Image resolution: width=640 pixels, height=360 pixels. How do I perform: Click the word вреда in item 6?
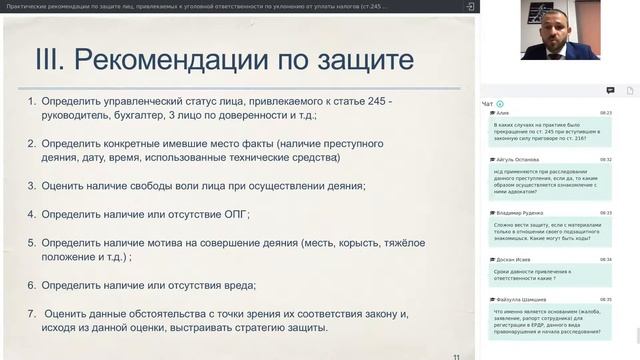point(253,285)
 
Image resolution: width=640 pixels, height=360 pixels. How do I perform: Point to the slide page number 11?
point(456,355)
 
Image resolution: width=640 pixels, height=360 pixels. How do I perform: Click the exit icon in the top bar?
point(470,6)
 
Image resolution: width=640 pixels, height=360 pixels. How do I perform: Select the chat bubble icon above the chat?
point(610,90)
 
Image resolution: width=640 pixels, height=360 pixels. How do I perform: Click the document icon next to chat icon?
point(629,90)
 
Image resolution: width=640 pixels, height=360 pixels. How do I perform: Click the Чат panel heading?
point(487,103)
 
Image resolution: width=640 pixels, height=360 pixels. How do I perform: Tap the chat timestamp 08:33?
point(606,213)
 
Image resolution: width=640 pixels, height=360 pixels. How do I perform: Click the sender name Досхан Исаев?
point(514,259)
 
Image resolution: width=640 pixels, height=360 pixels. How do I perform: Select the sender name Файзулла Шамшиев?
point(521,299)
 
